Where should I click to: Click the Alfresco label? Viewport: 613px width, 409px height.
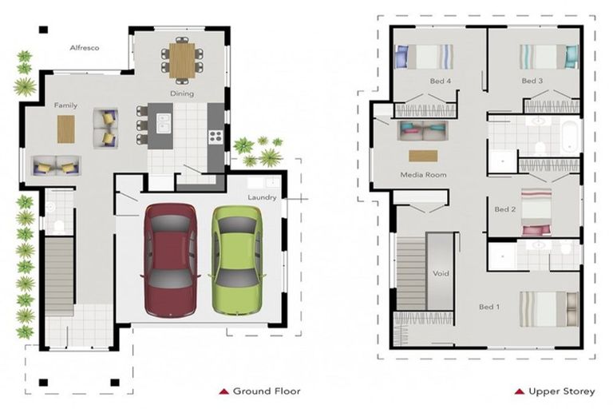pos(83,48)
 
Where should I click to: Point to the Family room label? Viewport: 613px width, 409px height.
pos(65,105)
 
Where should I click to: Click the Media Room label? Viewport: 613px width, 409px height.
pos(423,174)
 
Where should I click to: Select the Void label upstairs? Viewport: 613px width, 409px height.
pos(441,273)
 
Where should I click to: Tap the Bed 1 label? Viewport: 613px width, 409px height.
pos(488,307)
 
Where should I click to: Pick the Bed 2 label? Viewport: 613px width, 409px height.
pos(504,209)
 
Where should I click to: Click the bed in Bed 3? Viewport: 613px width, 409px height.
pos(548,57)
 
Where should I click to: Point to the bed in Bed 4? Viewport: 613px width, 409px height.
pos(424,57)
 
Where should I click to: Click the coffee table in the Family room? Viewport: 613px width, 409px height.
pos(65,129)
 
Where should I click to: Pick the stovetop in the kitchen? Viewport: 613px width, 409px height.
pos(215,136)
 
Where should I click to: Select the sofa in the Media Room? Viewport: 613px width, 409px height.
pos(423,130)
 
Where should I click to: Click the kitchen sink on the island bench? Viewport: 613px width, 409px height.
pos(164,122)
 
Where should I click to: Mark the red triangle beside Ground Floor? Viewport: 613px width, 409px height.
pos(223,391)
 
